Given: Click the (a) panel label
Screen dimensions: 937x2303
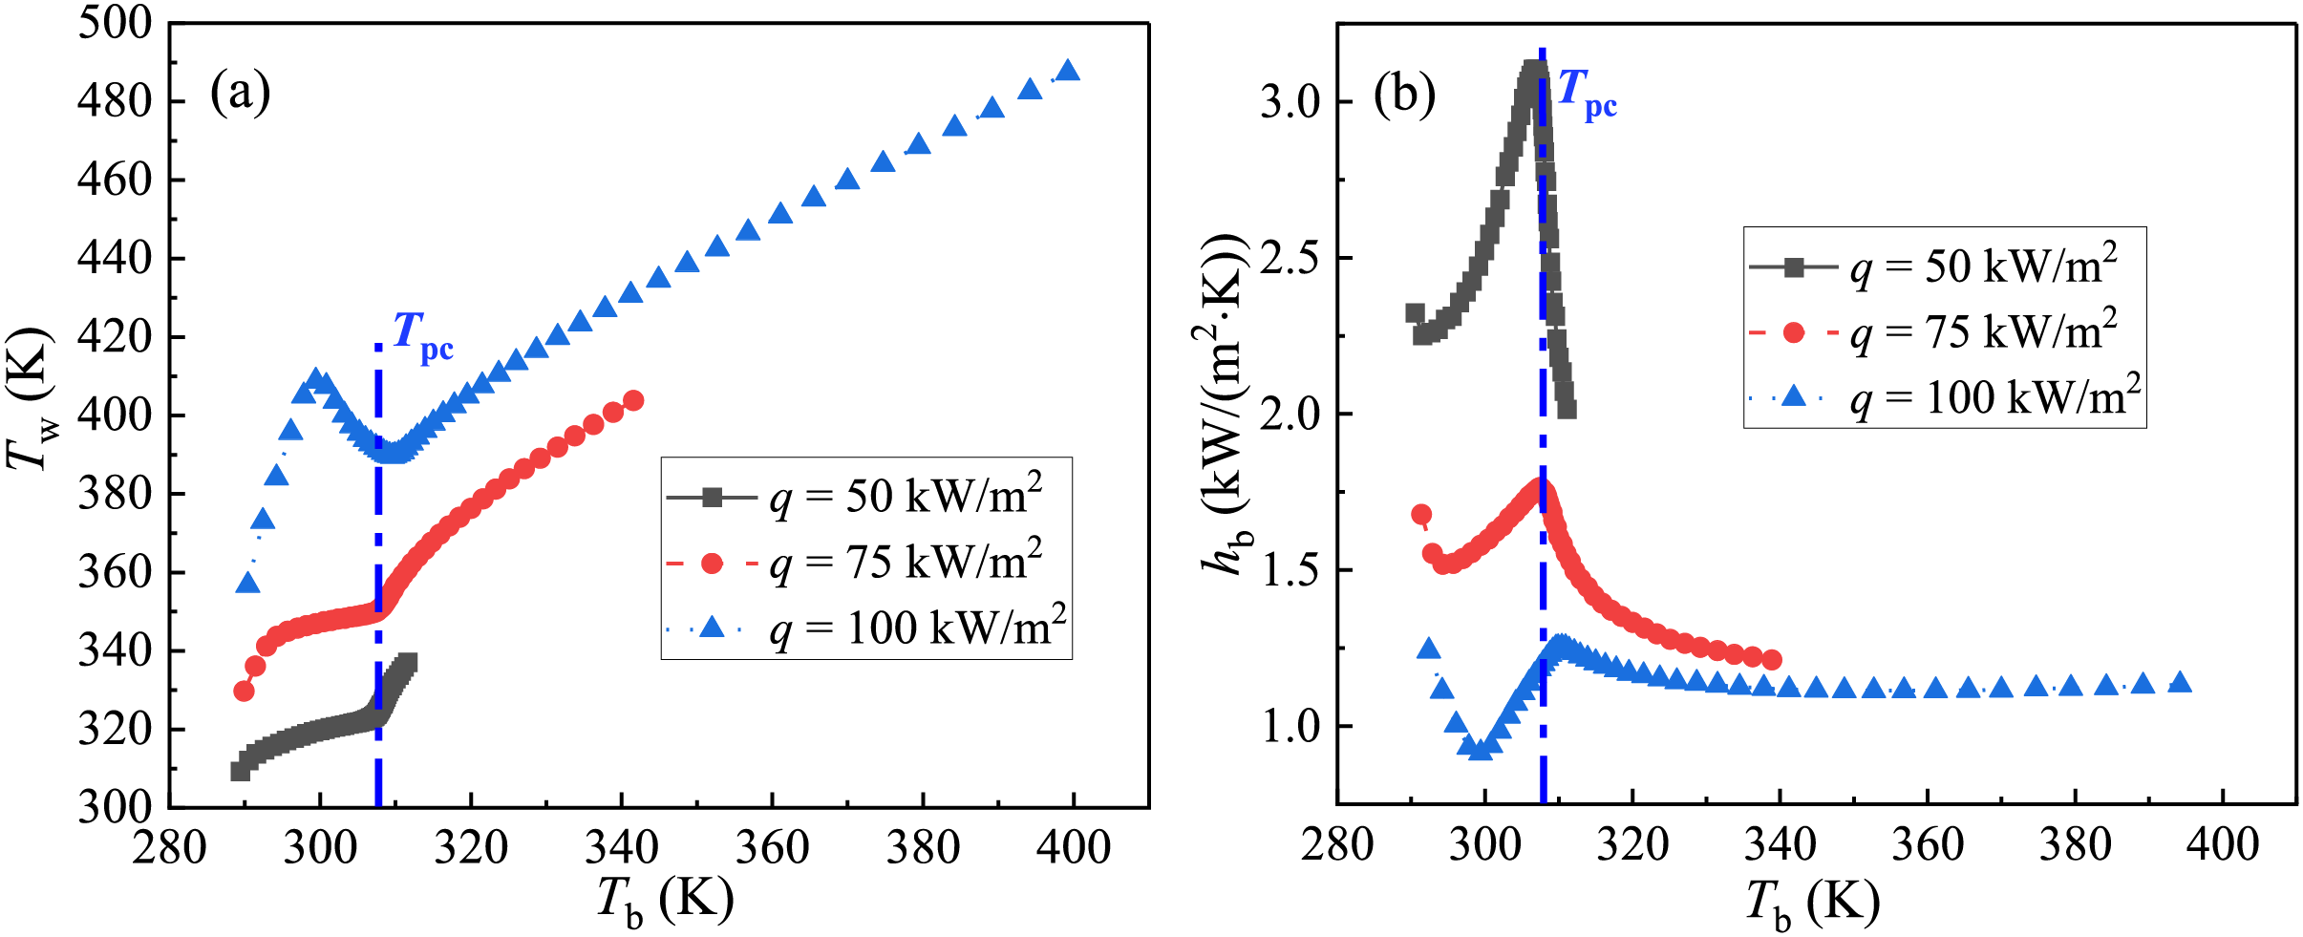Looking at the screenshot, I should click(x=240, y=94).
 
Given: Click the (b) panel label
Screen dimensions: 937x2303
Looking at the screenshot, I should click(x=1403, y=95).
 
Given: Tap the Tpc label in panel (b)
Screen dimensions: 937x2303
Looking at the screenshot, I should click(x=1587, y=93).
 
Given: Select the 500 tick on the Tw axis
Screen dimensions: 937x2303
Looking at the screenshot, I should click(x=115, y=23).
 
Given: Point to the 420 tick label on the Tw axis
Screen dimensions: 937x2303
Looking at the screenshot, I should click(x=115, y=337).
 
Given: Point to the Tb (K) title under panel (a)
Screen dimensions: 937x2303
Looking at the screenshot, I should click(x=665, y=901).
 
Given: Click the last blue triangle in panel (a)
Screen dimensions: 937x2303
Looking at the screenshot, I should click(x=1068, y=72).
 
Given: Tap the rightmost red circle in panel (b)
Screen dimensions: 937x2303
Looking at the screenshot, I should click(x=1771, y=660).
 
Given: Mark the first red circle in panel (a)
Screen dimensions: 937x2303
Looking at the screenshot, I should click(x=244, y=691).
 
